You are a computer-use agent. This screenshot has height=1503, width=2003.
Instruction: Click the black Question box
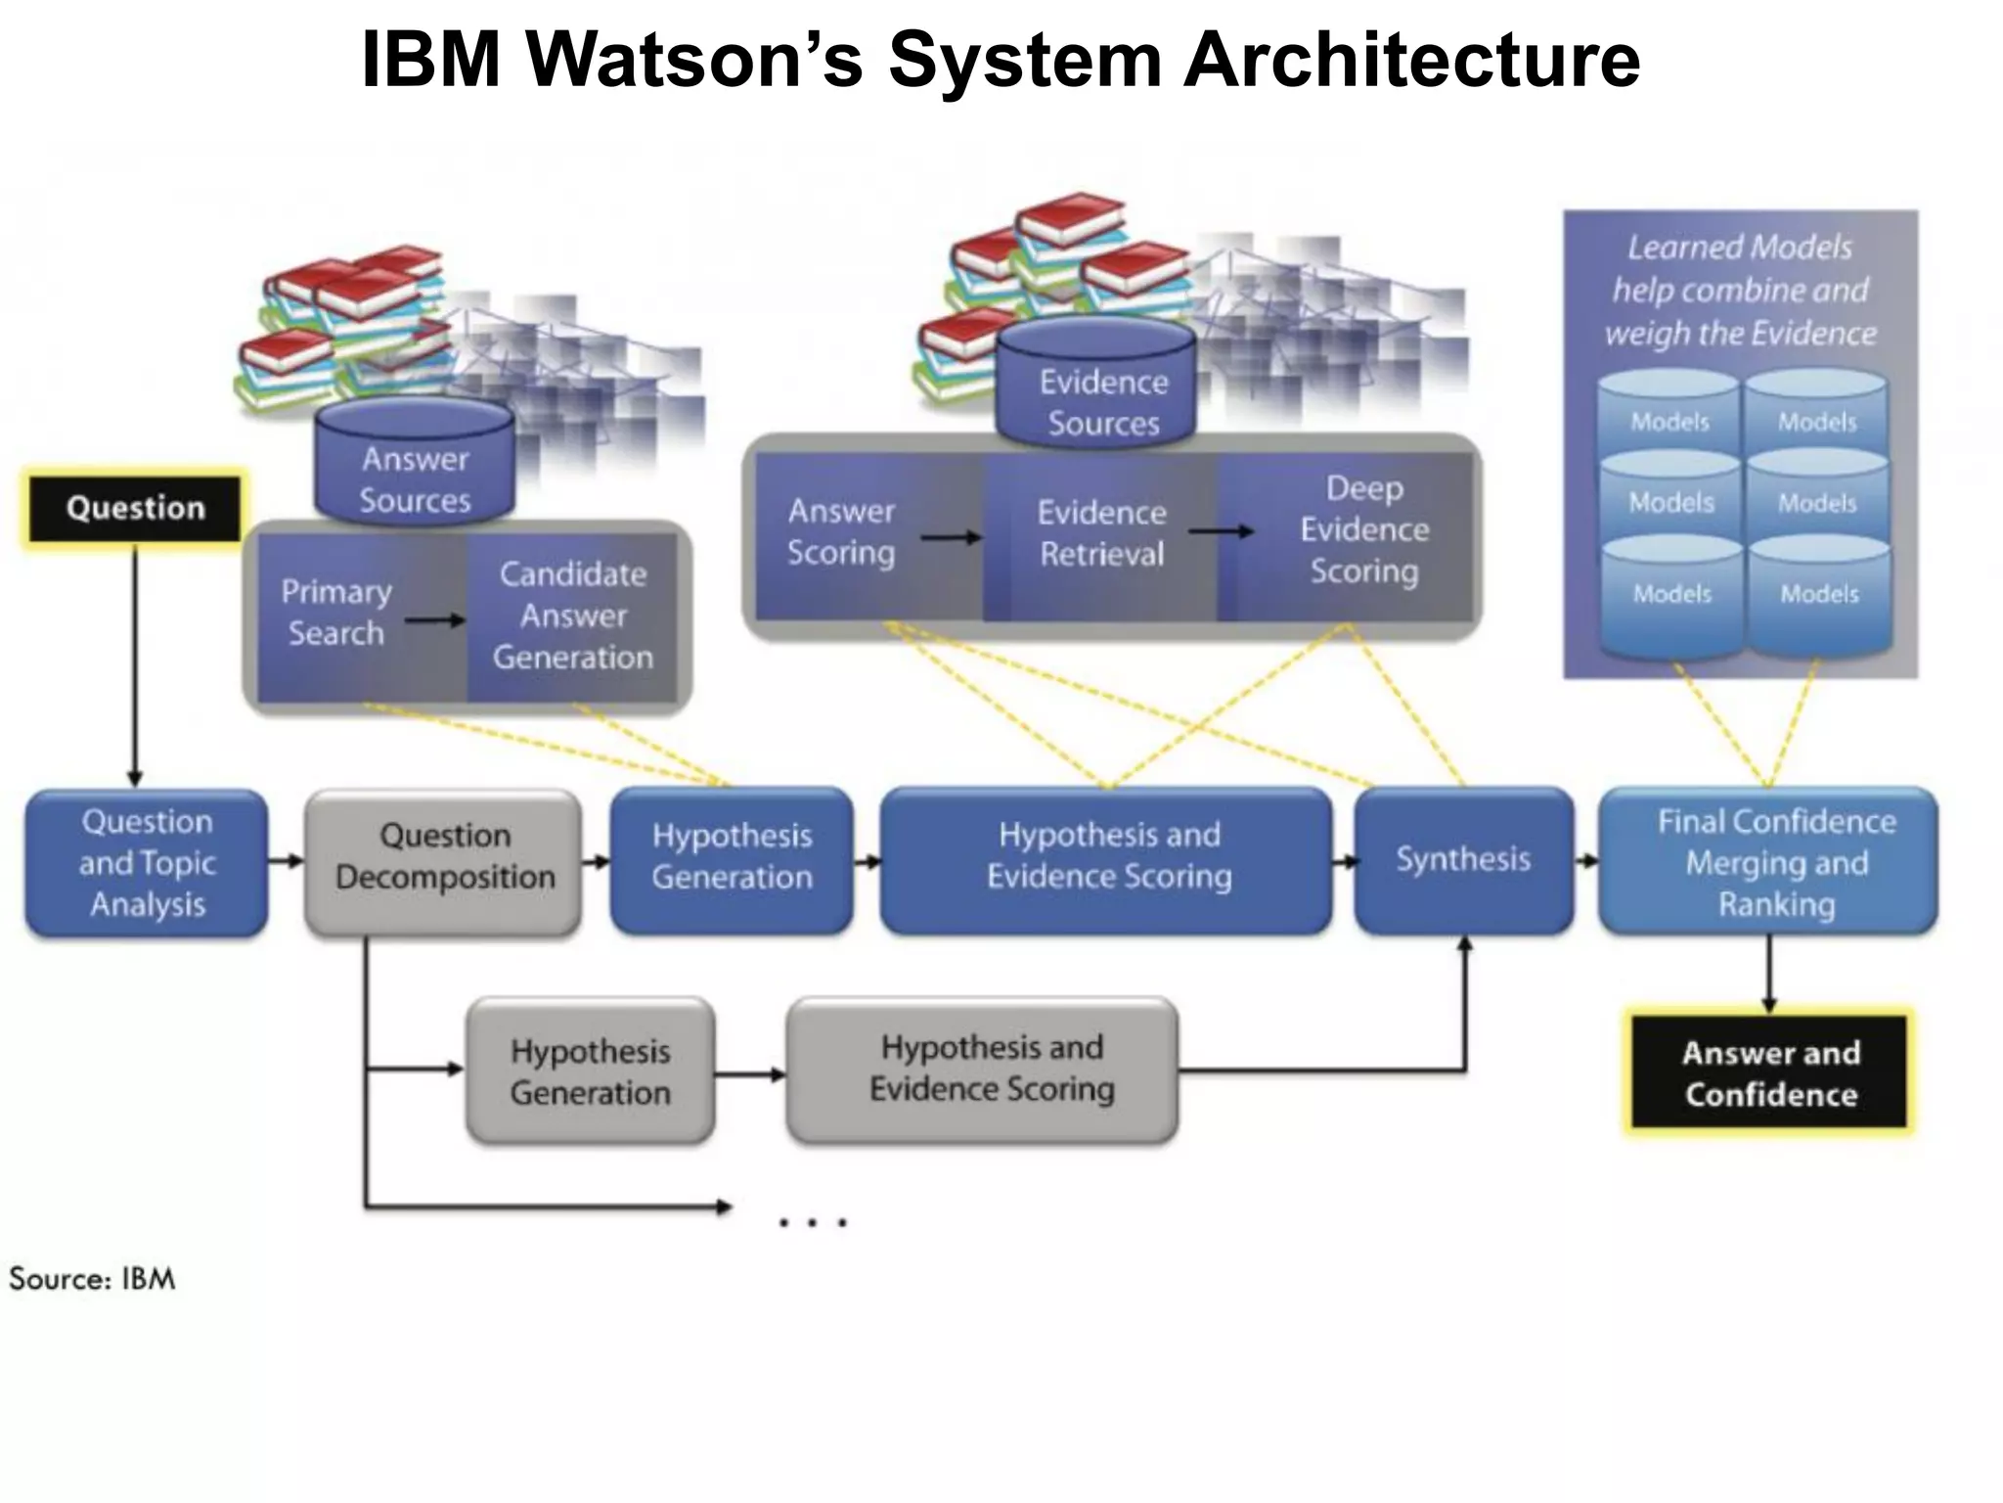point(135,508)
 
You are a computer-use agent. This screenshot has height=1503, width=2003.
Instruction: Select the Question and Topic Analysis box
point(147,862)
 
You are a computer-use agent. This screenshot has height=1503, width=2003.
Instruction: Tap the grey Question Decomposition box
point(444,857)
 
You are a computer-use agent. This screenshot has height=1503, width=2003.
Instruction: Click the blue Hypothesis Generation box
point(732,857)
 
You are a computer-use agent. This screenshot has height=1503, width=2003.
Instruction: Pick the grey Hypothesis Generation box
point(590,1071)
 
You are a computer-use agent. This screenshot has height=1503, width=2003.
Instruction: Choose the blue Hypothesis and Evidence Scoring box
point(1107,857)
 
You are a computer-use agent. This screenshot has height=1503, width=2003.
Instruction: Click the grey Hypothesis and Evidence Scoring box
point(991,1070)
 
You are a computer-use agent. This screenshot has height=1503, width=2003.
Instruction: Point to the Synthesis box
point(1463,859)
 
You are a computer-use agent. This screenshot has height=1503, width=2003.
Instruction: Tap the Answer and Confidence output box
point(1770,1073)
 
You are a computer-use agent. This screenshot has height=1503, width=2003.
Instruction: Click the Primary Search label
point(335,613)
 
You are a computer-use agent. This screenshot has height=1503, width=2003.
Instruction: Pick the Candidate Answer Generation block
point(572,615)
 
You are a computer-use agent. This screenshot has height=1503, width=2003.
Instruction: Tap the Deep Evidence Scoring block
point(1363,529)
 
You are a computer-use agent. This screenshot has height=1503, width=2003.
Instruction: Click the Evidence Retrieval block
point(1101,533)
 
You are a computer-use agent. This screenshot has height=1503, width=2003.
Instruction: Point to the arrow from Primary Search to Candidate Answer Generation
point(435,620)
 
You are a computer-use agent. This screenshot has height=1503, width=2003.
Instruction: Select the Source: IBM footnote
point(92,1279)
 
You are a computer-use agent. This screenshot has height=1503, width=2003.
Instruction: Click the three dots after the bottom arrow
point(812,1222)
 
